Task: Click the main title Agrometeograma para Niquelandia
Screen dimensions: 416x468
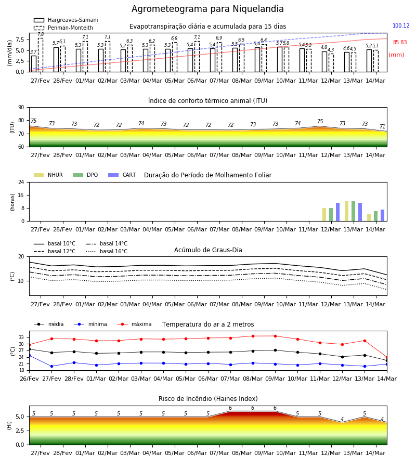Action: pyautogui.click(x=207, y=9)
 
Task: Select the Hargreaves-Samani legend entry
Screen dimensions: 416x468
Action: pyautogui.click(x=66, y=20)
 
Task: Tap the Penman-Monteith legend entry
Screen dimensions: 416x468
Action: pyautogui.click(x=63, y=28)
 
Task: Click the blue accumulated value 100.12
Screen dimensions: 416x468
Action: pyautogui.click(x=401, y=25)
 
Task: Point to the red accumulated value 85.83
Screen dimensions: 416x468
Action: pyautogui.click(x=400, y=43)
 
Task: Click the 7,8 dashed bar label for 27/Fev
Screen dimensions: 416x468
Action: pyautogui.click(x=41, y=35)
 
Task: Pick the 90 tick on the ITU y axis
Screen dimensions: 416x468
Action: pyautogui.click(x=21, y=108)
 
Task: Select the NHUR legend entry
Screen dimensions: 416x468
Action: pyautogui.click(x=48, y=175)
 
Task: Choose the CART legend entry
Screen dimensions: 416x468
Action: pyautogui.click(x=122, y=175)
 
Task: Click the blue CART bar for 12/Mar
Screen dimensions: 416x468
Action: pyautogui.click(x=338, y=212)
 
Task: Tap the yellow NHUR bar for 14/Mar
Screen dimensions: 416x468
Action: pyautogui.click(x=369, y=217)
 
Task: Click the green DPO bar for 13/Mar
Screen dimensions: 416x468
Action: pyautogui.click(x=353, y=211)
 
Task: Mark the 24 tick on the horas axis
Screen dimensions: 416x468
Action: pyautogui.click(x=21, y=182)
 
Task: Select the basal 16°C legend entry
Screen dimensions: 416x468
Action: pyautogui.click(x=107, y=251)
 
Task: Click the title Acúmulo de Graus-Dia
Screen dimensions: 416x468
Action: pyautogui.click(x=208, y=250)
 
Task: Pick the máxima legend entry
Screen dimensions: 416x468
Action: pyautogui.click(x=134, y=324)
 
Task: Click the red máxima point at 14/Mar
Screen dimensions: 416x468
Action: pyautogui.click(x=387, y=357)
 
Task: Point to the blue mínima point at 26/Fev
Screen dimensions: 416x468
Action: pyautogui.click(x=29, y=356)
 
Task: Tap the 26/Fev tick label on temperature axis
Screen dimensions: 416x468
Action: pyautogui.click(x=29, y=379)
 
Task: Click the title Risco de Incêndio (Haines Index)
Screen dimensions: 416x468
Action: pyautogui.click(x=208, y=399)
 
